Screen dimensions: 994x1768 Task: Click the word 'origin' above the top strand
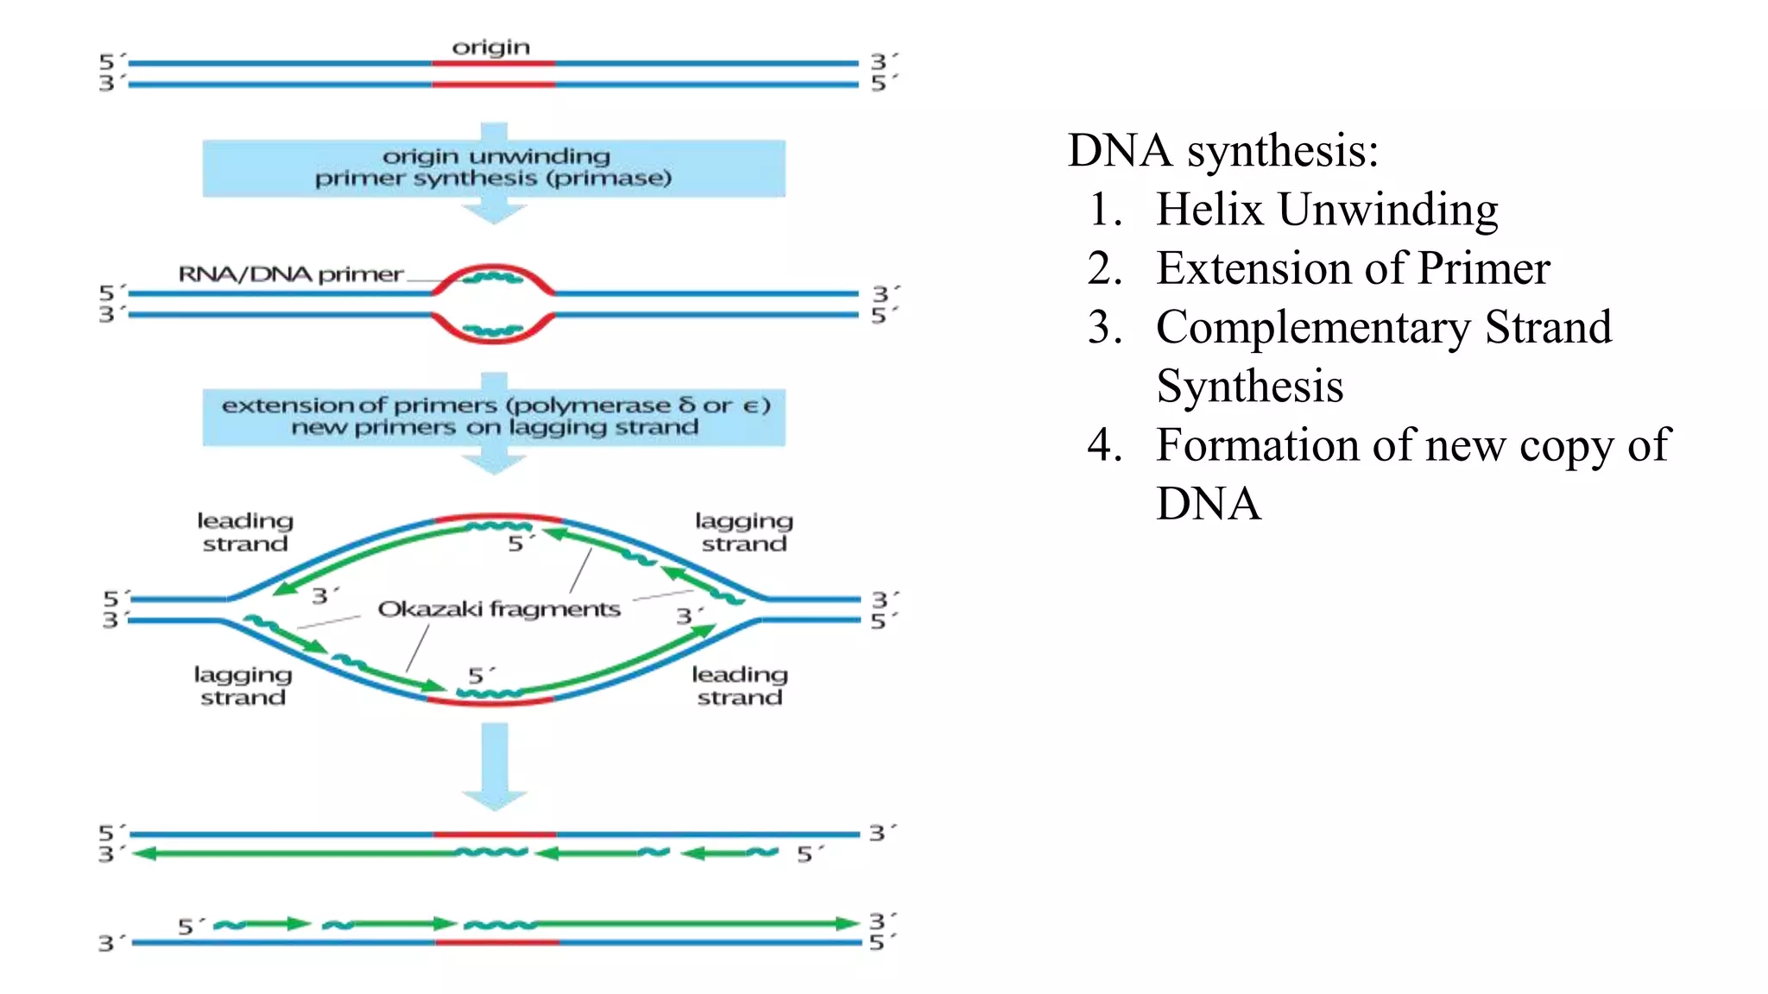tap(490, 47)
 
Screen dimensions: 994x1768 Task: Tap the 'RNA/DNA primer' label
tap(291, 274)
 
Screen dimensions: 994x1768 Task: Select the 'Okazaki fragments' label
tap(499, 609)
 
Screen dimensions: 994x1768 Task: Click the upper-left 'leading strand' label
tap(245, 532)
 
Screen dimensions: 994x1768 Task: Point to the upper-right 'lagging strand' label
tap(743, 532)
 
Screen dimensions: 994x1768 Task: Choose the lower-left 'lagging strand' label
tap(243, 686)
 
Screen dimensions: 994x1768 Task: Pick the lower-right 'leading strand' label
tap(740, 686)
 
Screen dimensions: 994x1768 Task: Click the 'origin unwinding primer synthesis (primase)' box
tap(494, 167)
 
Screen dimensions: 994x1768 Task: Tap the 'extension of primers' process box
tap(494, 417)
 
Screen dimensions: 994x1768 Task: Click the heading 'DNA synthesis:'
tap(1222, 150)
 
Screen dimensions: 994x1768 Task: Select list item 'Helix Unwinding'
tap(1327, 209)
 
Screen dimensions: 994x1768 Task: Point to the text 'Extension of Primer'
tap(1353, 268)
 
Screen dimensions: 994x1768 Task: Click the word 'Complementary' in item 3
tap(1313, 328)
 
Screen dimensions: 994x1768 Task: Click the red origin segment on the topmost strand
tap(493, 63)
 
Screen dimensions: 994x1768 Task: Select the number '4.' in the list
tap(1105, 445)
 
